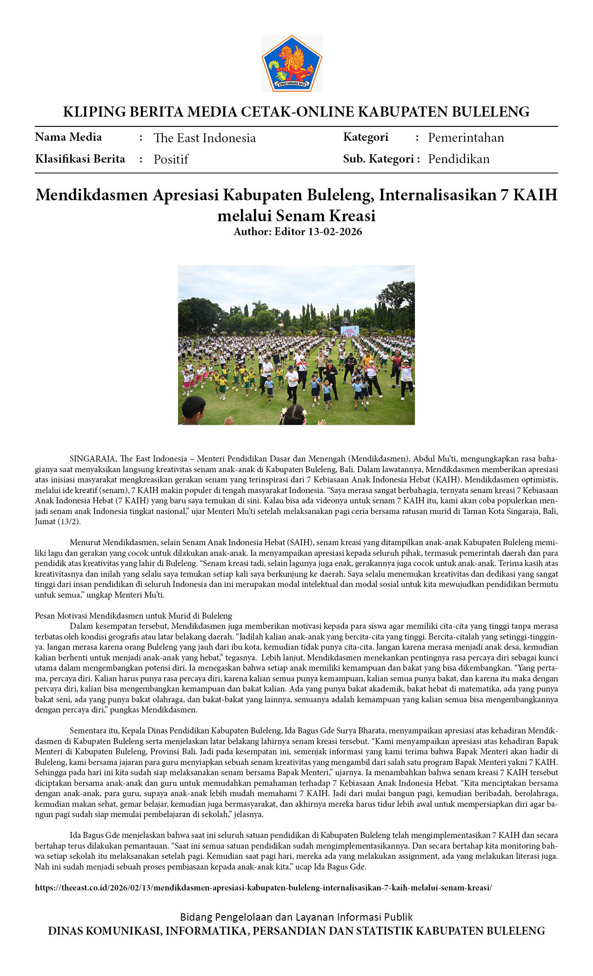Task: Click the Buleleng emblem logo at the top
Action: [x=292, y=63]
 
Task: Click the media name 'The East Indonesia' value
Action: [x=205, y=138]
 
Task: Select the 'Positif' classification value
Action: [x=171, y=159]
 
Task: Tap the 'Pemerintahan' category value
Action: [x=466, y=138]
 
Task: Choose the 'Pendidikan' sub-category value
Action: [x=459, y=159]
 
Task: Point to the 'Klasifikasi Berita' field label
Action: [x=80, y=159]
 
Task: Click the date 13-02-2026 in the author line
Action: [x=335, y=231]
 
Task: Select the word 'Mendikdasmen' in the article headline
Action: [x=92, y=195]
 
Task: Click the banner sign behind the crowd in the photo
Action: [x=349, y=331]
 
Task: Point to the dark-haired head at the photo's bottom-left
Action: [x=193, y=408]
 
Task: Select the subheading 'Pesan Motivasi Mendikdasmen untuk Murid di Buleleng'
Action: [x=133, y=616]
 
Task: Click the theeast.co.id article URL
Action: [x=263, y=887]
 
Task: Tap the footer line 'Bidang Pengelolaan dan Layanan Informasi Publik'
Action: [x=296, y=917]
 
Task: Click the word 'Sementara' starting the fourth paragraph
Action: [x=88, y=731]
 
